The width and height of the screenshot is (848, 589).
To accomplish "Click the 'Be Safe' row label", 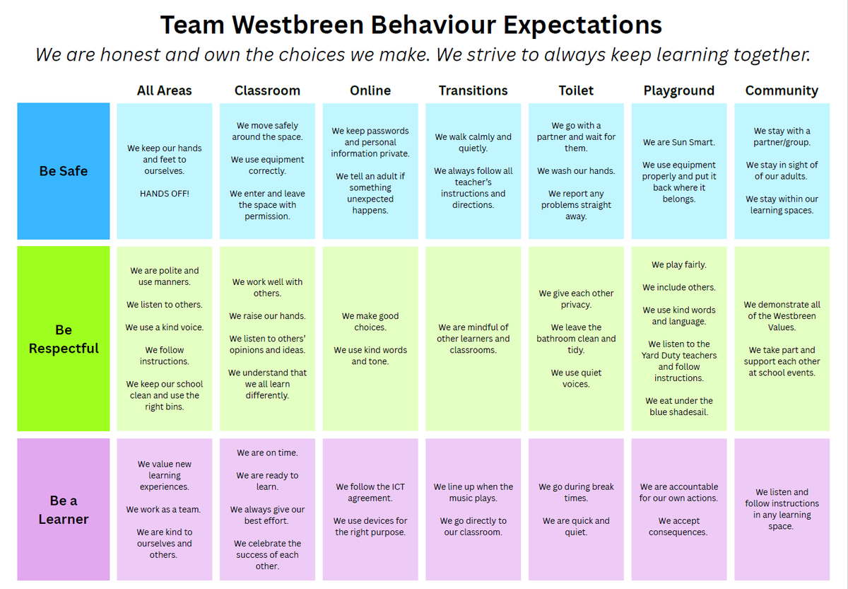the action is [x=64, y=171].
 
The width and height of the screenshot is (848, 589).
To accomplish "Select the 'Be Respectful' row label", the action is [x=64, y=339].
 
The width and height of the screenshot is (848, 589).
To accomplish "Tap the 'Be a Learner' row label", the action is [x=64, y=510].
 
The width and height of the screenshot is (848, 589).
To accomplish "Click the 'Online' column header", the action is [x=370, y=91].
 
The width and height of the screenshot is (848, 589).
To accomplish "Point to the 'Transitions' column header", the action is [x=473, y=91].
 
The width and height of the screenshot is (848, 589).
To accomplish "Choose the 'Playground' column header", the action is [x=679, y=91].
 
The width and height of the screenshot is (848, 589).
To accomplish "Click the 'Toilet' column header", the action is [x=576, y=91].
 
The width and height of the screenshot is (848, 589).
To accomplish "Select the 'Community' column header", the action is [x=782, y=91].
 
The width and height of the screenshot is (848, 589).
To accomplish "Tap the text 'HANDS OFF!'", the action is [x=164, y=194].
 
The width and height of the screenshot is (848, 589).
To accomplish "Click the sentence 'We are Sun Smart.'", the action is [x=679, y=142].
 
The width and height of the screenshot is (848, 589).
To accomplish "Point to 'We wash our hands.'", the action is [x=576, y=171].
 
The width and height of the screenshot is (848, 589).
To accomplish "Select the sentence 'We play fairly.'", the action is [x=679, y=264].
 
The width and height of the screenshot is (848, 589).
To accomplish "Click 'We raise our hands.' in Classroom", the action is [x=267, y=316].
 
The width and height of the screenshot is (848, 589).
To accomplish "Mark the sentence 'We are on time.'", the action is [x=267, y=453].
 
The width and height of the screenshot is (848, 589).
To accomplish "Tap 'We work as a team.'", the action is [x=163, y=510].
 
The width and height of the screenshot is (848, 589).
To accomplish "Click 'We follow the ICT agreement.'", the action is [x=370, y=492].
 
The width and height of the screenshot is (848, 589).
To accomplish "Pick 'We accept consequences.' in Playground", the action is [x=678, y=527].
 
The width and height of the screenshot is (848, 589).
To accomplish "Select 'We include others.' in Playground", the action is [x=679, y=287].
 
